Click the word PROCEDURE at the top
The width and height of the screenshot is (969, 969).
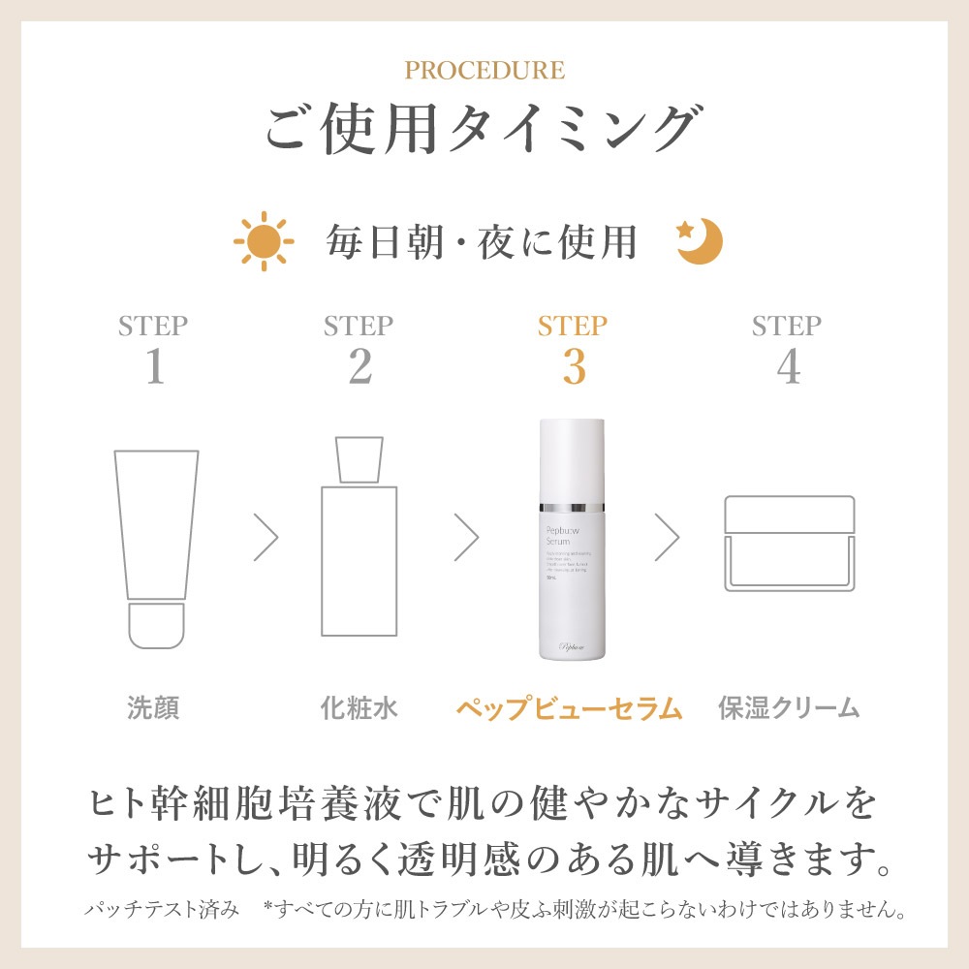point(484,71)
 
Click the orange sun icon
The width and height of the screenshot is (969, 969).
point(262,241)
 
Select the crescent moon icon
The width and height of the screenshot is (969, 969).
point(700,242)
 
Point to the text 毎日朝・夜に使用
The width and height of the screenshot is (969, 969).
point(482,242)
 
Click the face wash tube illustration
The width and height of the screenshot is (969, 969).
point(156,547)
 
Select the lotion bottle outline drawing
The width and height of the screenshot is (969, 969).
point(359,538)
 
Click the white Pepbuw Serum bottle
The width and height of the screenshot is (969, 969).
point(573,541)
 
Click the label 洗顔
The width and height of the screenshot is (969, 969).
point(154,708)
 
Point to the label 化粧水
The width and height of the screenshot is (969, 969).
point(359,708)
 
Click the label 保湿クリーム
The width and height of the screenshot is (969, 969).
point(789,708)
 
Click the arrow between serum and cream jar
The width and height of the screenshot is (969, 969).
point(666,538)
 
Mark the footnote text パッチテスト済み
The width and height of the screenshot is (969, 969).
point(161,911)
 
